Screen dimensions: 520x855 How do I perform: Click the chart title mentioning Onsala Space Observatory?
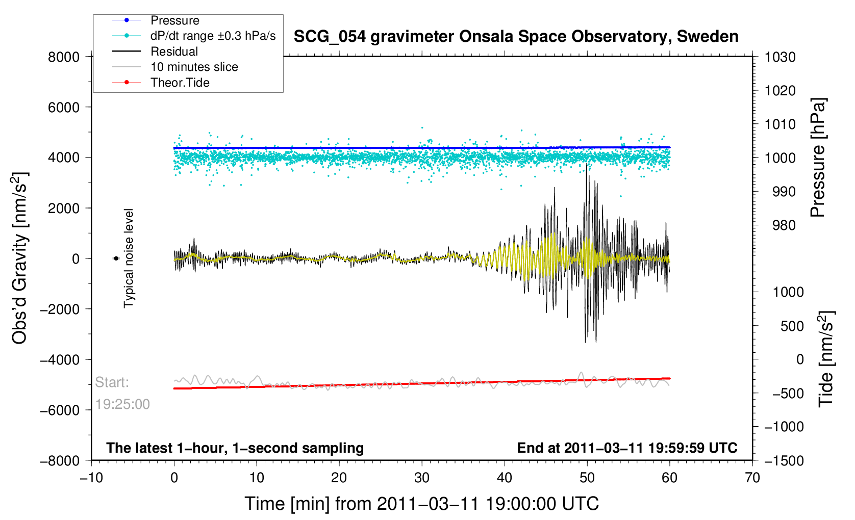pos(516,37)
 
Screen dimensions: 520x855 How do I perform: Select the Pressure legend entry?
pos(174,20)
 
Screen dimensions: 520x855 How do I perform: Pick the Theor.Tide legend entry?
pos(180,83)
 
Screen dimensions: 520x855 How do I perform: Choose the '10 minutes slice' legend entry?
pos(194,67)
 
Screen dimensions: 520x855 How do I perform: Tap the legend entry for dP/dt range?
pos(213,36)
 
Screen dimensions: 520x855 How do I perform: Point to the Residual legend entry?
pos(174,51)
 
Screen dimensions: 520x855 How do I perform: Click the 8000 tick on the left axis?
pos(64,57)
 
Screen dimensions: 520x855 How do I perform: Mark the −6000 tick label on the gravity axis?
pos(61,410)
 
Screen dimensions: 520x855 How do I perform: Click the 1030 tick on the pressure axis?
pos(780,57)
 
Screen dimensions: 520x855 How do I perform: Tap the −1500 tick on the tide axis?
pos(784,460)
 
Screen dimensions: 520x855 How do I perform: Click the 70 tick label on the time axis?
pos(752,478)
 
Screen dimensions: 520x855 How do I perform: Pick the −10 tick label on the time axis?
pos(91,478)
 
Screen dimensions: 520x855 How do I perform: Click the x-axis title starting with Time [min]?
pos(421,504)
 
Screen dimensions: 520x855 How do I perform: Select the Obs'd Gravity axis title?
pos(20,258)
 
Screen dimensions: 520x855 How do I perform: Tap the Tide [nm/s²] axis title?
pos(827,359)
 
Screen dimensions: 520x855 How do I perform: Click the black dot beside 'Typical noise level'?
pos(116,258)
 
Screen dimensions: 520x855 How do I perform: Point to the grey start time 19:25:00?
pos(122,404)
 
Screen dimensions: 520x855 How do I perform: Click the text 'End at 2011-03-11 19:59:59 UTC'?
pos(627,448)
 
